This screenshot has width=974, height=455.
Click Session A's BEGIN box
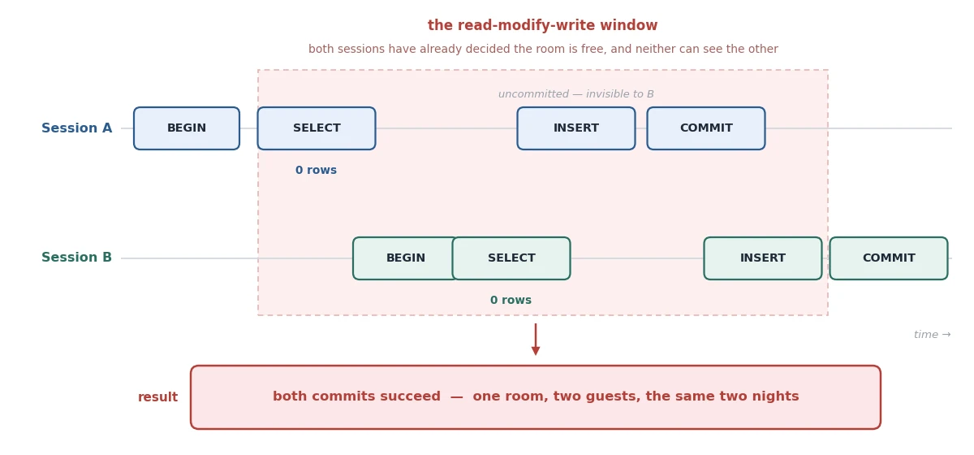[187, 128]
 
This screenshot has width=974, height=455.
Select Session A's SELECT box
[317, 128]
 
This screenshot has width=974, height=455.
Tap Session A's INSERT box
[576, 128]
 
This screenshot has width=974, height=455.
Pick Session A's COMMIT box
[706, 128]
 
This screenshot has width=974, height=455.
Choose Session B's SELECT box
[511, 258]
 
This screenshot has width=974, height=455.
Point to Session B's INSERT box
[763, 258]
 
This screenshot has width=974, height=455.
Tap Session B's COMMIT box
[889, 258]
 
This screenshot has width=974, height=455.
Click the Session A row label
[77, 128]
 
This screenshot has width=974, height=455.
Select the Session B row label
[77, 258]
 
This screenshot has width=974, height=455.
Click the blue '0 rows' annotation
[316, 170]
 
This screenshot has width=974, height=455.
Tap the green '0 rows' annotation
[511, 300]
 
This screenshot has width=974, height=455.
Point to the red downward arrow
[536, 340]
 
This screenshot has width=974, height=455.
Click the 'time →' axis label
[933, 335]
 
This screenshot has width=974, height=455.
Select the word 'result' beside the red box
[157, 397]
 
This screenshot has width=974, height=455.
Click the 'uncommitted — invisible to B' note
[576, 94]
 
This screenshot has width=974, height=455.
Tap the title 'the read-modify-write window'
[543, 25]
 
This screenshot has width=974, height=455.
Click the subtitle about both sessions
[543, 49]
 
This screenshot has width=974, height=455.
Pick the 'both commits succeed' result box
[536, 397]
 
